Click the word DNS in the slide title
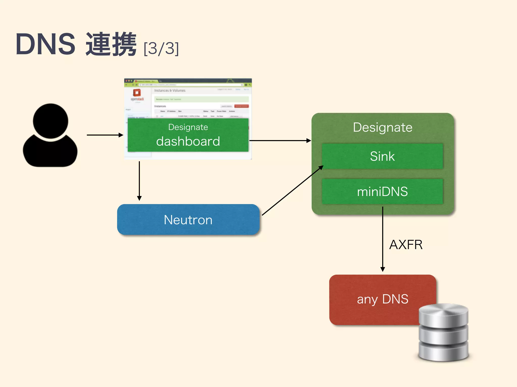45,44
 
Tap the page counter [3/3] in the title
161,48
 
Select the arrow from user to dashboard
105,135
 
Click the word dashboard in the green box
188,141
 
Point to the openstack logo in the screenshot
137,94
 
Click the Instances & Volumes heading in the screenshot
170,90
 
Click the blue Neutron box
188,220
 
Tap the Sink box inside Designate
382,156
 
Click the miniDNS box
382,191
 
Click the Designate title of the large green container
382,127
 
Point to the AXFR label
406,245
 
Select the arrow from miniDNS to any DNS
383,239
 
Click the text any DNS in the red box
382,299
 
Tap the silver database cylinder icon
443,333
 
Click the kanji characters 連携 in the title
111,44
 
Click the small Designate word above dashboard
188,127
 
